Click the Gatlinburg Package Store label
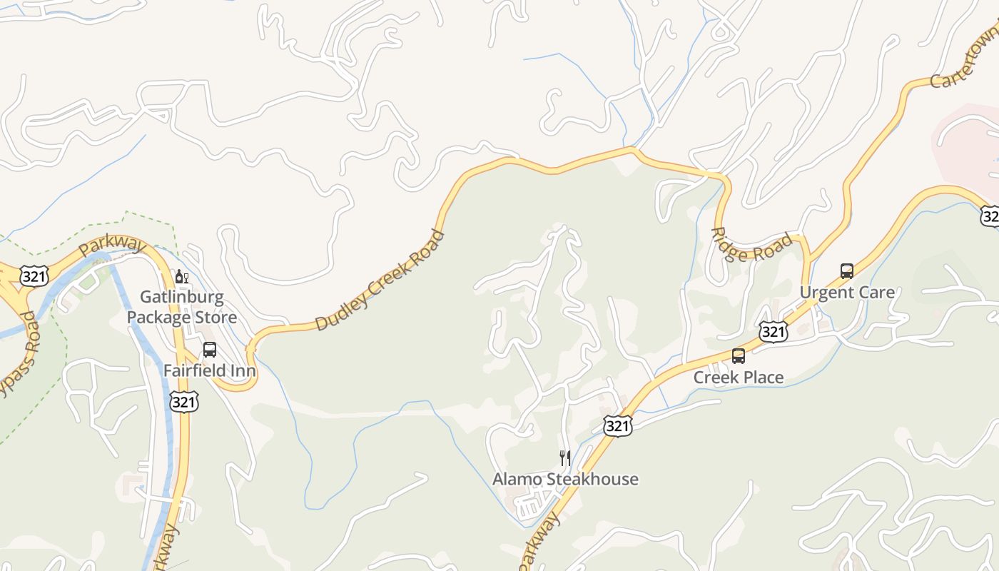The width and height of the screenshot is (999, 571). tap(182, 307)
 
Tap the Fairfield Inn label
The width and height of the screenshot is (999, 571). tap(210, 370)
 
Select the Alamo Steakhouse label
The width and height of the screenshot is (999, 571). tap(565, 479)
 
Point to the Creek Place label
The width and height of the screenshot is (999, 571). tap(739, 377)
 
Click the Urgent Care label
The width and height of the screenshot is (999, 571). tap(847, 292)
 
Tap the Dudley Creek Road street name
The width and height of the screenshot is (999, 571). tap(379, 281)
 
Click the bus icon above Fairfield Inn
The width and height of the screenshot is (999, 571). tap(210, 350)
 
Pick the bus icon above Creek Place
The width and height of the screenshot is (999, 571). tap(739, 355)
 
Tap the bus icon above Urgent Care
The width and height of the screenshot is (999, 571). tap(847, 271)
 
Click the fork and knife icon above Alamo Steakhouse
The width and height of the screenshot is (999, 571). tap(565, 458)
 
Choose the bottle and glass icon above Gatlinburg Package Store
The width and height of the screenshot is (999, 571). tap(182, 277)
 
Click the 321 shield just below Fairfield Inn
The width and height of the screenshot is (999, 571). tap(183, 402)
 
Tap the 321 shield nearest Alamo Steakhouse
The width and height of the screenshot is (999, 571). tap(617, 426)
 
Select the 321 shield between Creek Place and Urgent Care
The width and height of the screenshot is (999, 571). tap(774, 331)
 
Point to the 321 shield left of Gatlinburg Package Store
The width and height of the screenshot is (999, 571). tap(34, 276)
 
